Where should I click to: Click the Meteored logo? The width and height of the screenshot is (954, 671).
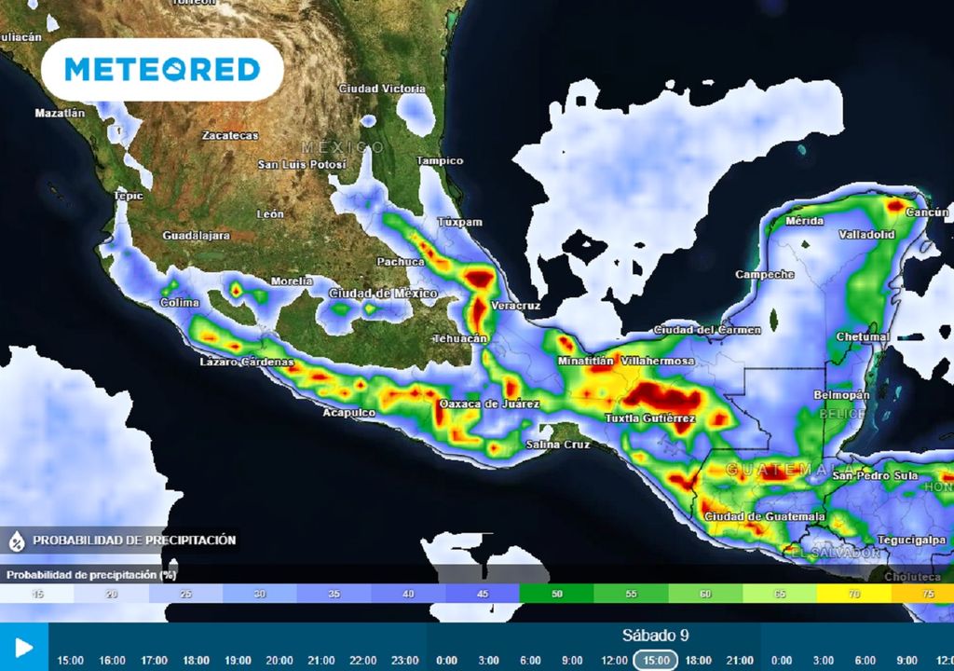[162, 70]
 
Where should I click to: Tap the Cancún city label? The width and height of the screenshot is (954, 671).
[927, 212]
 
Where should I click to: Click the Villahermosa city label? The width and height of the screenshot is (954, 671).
[658, 361]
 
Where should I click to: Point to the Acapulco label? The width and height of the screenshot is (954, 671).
[349, 412]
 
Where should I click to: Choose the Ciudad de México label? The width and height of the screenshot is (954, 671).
[383, 294]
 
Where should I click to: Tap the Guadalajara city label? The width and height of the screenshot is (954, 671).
[196, 236]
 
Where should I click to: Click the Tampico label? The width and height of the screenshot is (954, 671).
[440, 161]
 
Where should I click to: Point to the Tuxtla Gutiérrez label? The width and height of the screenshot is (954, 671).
[649, 418]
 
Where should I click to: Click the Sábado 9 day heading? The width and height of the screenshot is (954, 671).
[655, 636]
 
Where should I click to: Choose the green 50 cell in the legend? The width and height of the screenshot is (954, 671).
[556, 594]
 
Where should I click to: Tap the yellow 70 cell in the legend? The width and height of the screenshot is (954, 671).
[853, 594]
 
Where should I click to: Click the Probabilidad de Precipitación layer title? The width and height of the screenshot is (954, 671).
[134, 540]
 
